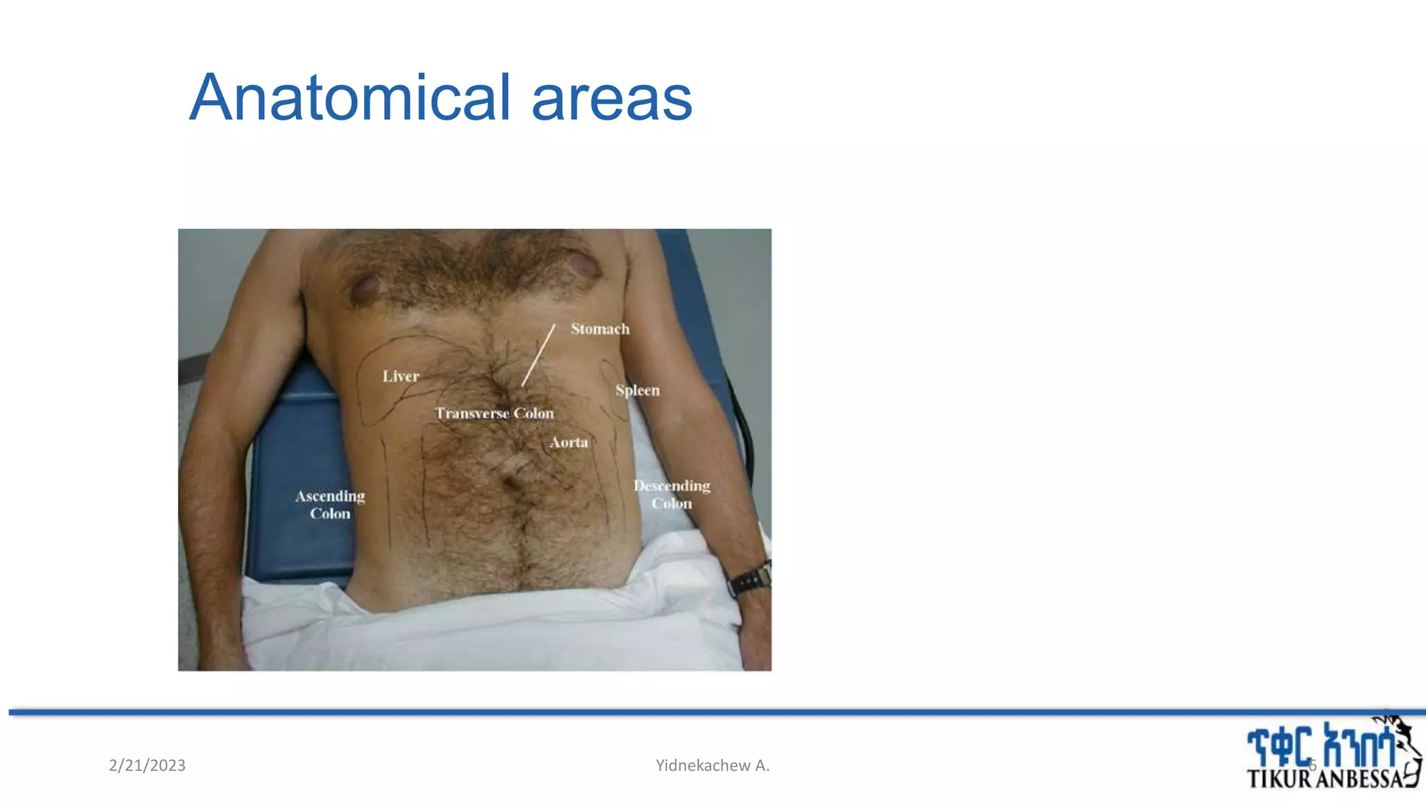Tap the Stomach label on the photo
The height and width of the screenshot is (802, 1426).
600,329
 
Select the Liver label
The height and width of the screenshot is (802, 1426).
400,376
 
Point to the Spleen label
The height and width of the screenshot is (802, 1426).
637,390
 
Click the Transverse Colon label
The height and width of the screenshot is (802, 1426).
494,413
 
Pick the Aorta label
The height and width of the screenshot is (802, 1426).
569,442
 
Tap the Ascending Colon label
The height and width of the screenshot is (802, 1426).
330,505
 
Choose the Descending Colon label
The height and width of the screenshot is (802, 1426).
672,494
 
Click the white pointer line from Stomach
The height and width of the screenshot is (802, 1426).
538,355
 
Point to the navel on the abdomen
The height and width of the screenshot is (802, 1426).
512,480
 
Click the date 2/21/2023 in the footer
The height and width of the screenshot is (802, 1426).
147,766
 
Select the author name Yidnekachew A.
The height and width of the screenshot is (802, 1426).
712,766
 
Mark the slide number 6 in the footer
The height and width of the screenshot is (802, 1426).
1313,766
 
